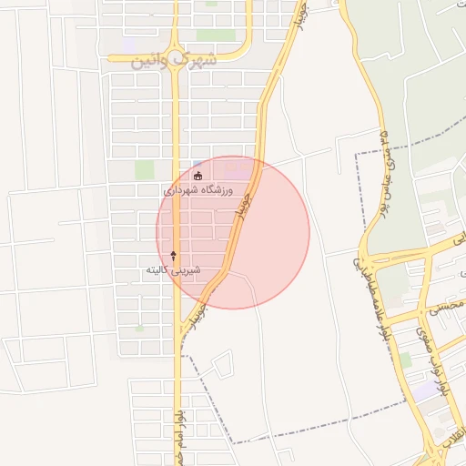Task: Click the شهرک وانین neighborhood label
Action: click(x=176, y=61)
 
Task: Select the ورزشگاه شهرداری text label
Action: click(x=198, y=191)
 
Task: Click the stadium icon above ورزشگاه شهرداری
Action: click(x=199, y=175)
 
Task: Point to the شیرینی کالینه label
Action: click(x=173, y=270)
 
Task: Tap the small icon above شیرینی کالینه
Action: click(x=174, y=256)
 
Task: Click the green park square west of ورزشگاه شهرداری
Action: click(x=145, y=168)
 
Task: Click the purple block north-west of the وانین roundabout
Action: click(x=130, y=44)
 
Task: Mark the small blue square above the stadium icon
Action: click(x=198, y=164)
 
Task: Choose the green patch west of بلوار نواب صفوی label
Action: click(x=404, y=360)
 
